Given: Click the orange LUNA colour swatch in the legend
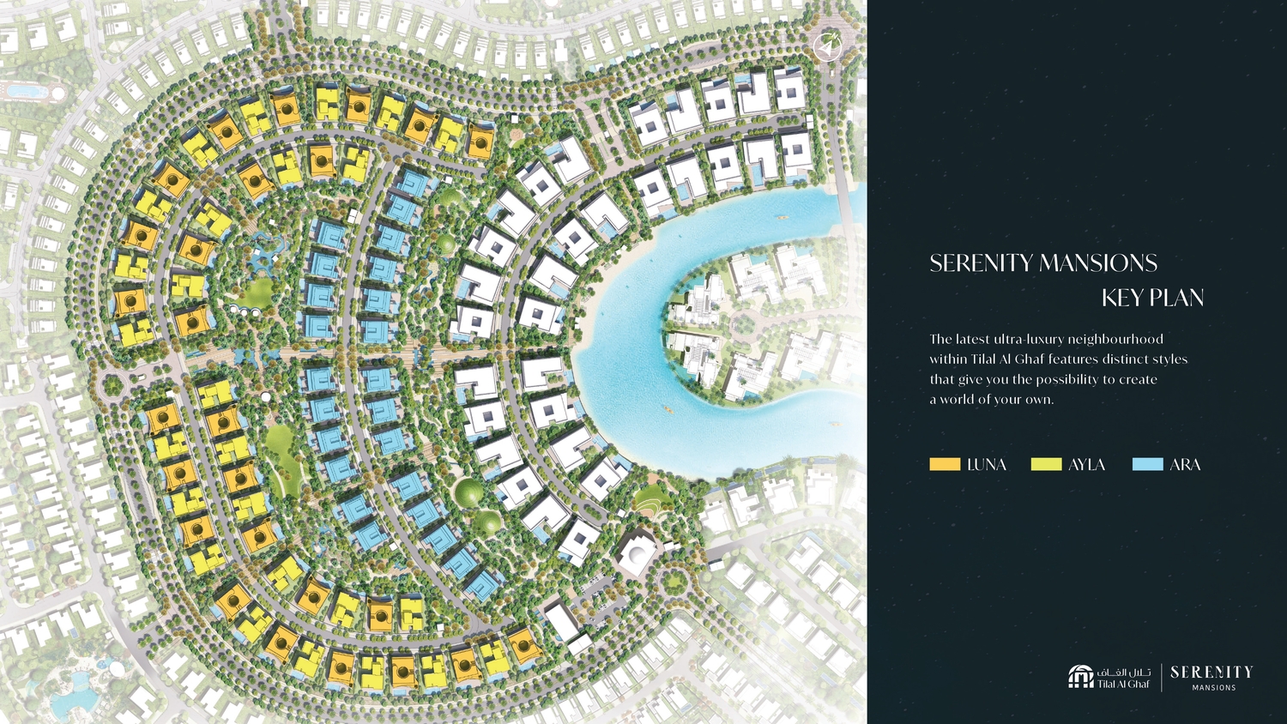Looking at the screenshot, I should click(x=944, y=464).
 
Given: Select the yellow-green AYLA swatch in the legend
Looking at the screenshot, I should click(x=1046, y=464).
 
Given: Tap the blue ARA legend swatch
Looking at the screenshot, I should click(x=1147, y=464).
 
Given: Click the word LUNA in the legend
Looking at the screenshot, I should click(x=987, y=464).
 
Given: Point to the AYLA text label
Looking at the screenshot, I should click(x=1086, y=464).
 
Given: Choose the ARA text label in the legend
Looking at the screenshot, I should click(x=1185, y=464).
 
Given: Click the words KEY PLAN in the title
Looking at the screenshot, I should click(x=1152, y=298).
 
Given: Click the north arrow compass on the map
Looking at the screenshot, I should click(x=828, y=47).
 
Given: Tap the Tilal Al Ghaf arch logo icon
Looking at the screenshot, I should click(x=1080, y=677).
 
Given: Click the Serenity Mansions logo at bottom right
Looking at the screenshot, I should click(x=1211, y=677).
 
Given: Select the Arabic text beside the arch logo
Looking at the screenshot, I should click(x=1124, y=672).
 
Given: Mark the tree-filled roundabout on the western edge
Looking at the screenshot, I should click(x=112, y=385).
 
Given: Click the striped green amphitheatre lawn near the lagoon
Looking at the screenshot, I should click(x=650, y=498).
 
